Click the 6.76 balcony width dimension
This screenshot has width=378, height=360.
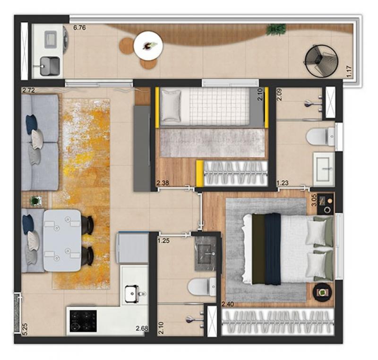[x=79, y=28]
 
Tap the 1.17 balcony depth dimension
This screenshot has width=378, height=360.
[x=349, y=71]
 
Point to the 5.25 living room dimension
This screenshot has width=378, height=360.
[x=26, y=329]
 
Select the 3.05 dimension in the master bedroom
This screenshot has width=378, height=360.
[x=314, y=200]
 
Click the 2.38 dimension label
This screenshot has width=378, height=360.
[x=163, y=183]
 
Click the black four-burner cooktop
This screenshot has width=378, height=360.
[x=83, y=321]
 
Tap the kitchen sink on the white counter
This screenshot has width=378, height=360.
[x=132, y=293]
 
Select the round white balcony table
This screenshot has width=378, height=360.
[x=148, y=46]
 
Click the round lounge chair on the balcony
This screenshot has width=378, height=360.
[x=321, y=61]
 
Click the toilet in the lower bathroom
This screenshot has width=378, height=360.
[x=202, y=287]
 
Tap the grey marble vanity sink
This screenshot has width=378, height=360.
[x=205, y=254]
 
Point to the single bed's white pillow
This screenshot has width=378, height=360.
[x=171, y=105]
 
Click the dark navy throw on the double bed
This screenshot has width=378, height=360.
[x=273, y=249]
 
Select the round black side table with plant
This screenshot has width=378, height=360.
[x=322, y=292]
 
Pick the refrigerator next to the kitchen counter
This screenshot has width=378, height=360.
[x=132, y=247]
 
